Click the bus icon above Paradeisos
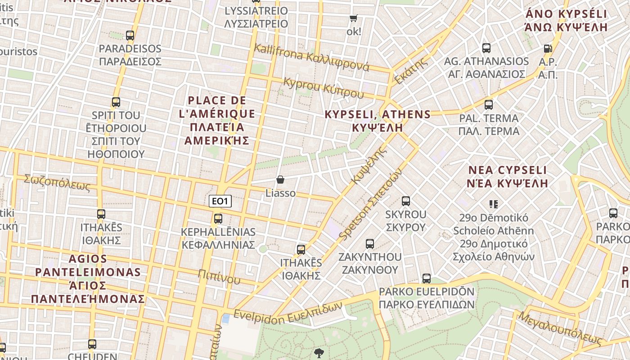[x=130, y=35]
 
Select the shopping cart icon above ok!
[x=354, y=18]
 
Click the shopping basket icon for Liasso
[x=280, y=180]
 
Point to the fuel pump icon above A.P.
[x=548, y=48]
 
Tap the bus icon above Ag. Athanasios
[x=486, y=48]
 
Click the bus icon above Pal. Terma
[x=489, y=105]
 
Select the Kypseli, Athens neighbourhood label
[x=377, y=121]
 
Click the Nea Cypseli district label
[x=507, y=176]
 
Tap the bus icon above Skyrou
[x=405, y=201]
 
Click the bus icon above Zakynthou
[x=370, y=244]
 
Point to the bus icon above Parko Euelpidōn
[x=426, y=279]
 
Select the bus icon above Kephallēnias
[x=218, y=219]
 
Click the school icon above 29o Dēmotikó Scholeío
[x=494, y=204]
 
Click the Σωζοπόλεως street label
[x=57, y=183]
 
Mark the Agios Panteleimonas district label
[x=88, y=279]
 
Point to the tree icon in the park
[x=319, y=353]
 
